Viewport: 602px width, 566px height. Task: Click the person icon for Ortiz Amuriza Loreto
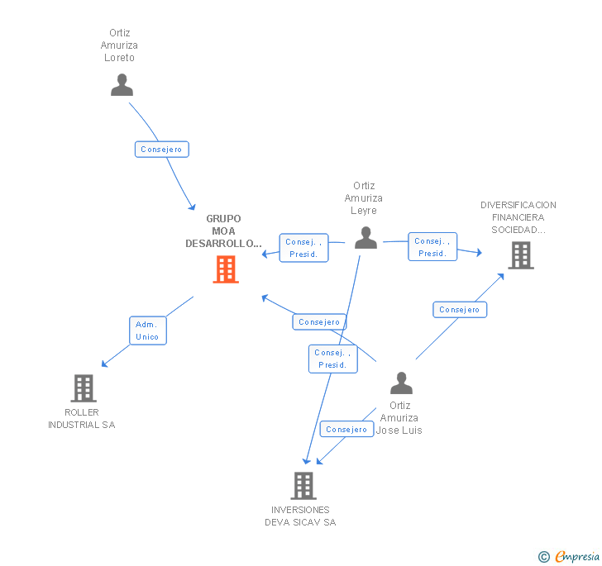tap(122, 85)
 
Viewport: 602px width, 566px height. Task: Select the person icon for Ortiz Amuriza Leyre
tap(365, 238)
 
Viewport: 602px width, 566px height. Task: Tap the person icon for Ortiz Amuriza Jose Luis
tap(401, 383)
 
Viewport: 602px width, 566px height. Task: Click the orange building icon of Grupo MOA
tap(226, 269)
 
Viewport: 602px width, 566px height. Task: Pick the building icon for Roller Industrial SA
tap(84, 388)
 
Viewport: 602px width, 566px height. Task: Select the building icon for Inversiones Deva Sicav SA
tap(303, 486)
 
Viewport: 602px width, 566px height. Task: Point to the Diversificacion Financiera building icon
tap(521, 255)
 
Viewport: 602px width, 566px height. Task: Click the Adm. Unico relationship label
tap(147, 331)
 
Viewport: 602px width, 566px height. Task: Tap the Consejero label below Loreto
tap(161, 150)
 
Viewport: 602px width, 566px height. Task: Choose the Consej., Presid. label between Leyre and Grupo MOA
tap(303, 248)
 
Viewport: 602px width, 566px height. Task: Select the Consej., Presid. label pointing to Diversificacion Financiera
tap(432, 247)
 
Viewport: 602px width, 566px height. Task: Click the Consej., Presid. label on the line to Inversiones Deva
tap(332, 359)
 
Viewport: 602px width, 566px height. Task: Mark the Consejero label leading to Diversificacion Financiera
tap(460, 310)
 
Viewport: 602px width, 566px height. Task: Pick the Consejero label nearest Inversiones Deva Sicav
tap(346, 430)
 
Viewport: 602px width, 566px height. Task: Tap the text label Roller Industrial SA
tap(81, 418)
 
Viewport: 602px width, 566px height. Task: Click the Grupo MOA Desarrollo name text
tap(223, 231)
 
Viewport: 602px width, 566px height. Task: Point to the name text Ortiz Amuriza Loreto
tap(119, 45)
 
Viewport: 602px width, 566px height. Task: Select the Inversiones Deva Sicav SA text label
tap(300, 516)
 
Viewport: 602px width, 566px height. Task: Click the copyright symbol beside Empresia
tap(543, 557)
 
